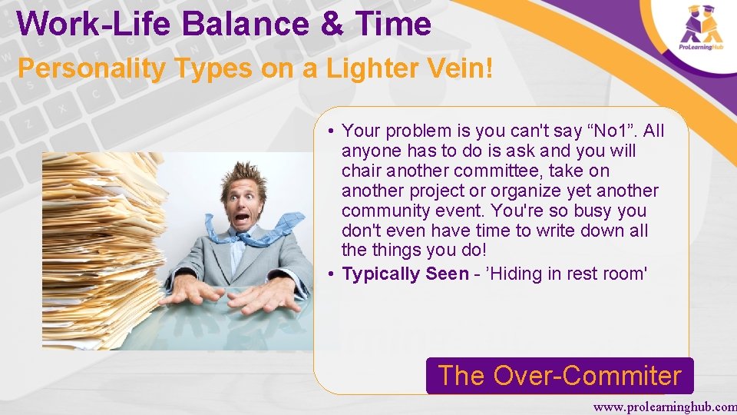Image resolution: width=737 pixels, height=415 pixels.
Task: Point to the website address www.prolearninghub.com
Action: click(664, 406)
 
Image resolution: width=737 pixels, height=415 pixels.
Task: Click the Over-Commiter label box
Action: click(560, 376)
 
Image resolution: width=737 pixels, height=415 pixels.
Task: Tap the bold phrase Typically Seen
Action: click(405, 274)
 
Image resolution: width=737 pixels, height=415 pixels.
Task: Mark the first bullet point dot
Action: click(328, 131)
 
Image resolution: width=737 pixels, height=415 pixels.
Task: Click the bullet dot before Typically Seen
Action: click(328, 274)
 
